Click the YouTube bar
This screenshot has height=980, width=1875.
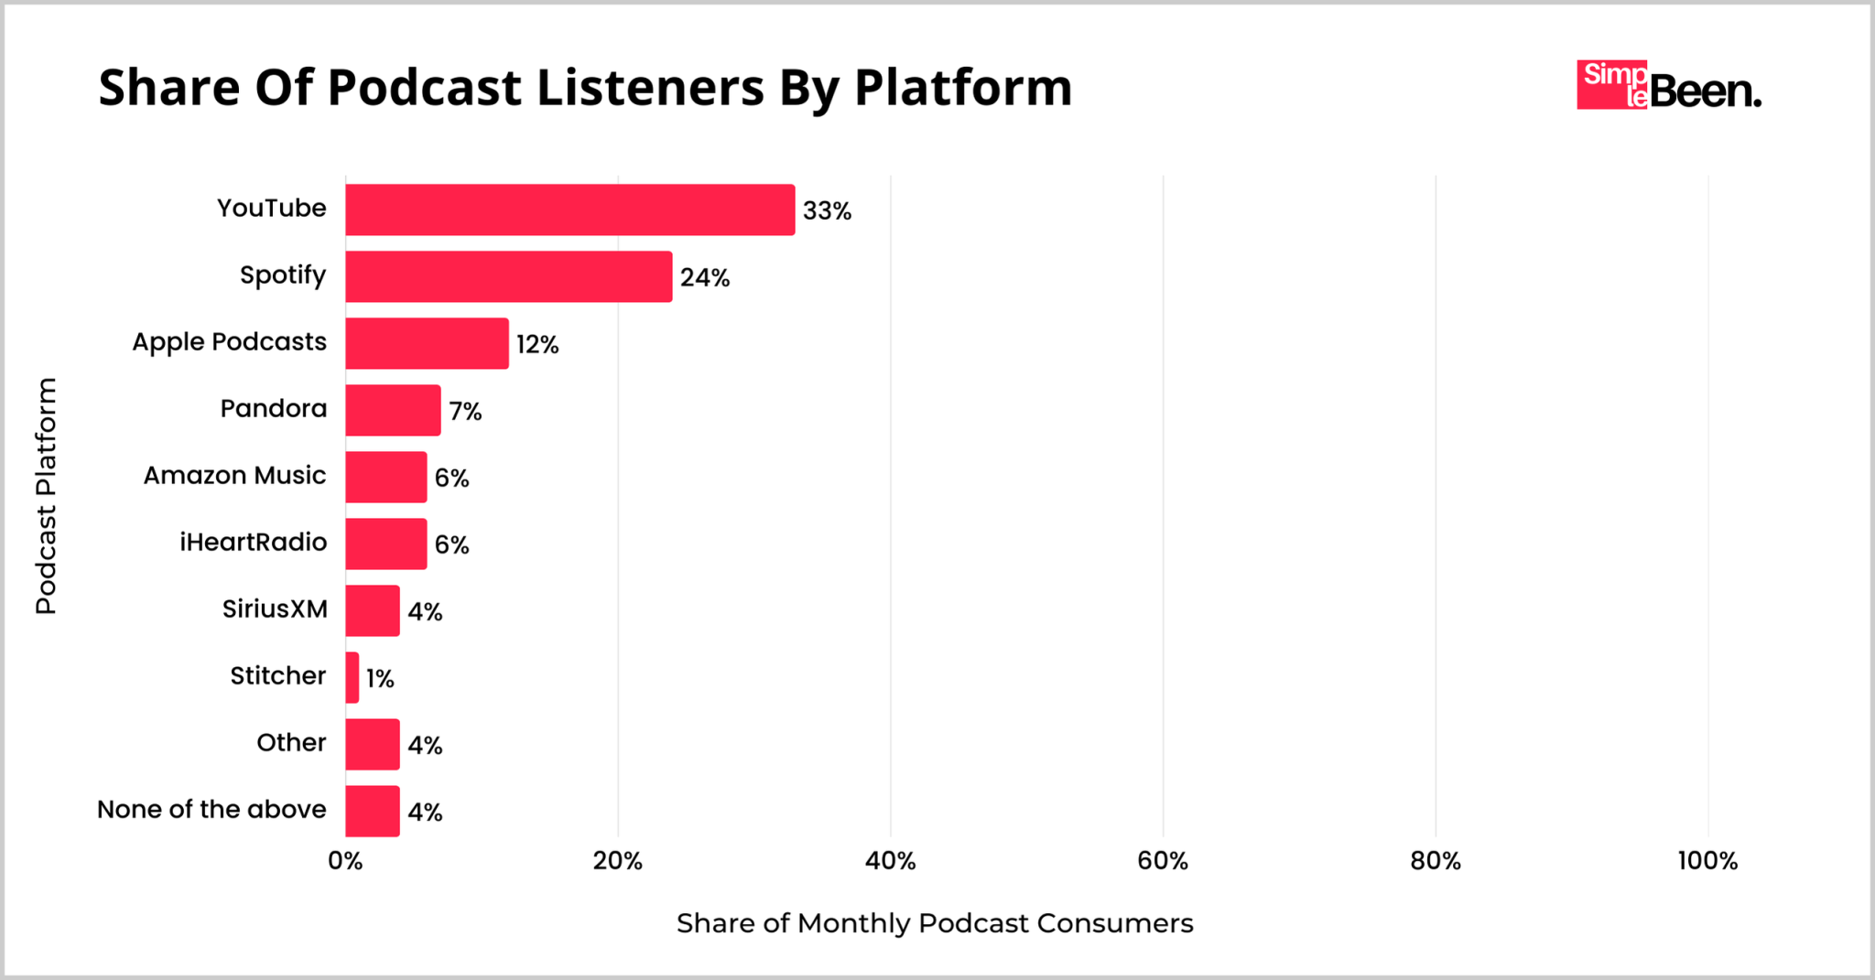click(569, 210)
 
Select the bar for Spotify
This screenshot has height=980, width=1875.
click(508, 276)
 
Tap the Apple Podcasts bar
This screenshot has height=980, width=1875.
click(427, 343)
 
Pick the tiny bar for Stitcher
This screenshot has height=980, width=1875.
click(352, 678)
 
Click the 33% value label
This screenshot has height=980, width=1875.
click(827, 211)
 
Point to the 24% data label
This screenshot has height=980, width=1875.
click(704, 278)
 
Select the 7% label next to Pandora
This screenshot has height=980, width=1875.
click(465, 412)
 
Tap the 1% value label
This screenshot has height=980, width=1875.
click(380, 679)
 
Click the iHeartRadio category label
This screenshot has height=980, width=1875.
click(253, 543)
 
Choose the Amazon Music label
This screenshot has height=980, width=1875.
click(234, 476)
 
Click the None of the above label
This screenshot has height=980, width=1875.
click(211, 810)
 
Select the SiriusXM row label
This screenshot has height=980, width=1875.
click(275, 609)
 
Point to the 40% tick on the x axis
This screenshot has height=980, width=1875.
click(890, 861)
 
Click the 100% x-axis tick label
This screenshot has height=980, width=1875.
click(1707, 861)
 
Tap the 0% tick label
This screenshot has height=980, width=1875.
click(345, 861)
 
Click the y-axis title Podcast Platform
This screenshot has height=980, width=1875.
click(46, 496)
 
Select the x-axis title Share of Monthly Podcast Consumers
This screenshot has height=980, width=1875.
click(934, 923)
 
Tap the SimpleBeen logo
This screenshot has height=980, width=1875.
click(1668, 86)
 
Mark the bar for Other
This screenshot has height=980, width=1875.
click(373, 745)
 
